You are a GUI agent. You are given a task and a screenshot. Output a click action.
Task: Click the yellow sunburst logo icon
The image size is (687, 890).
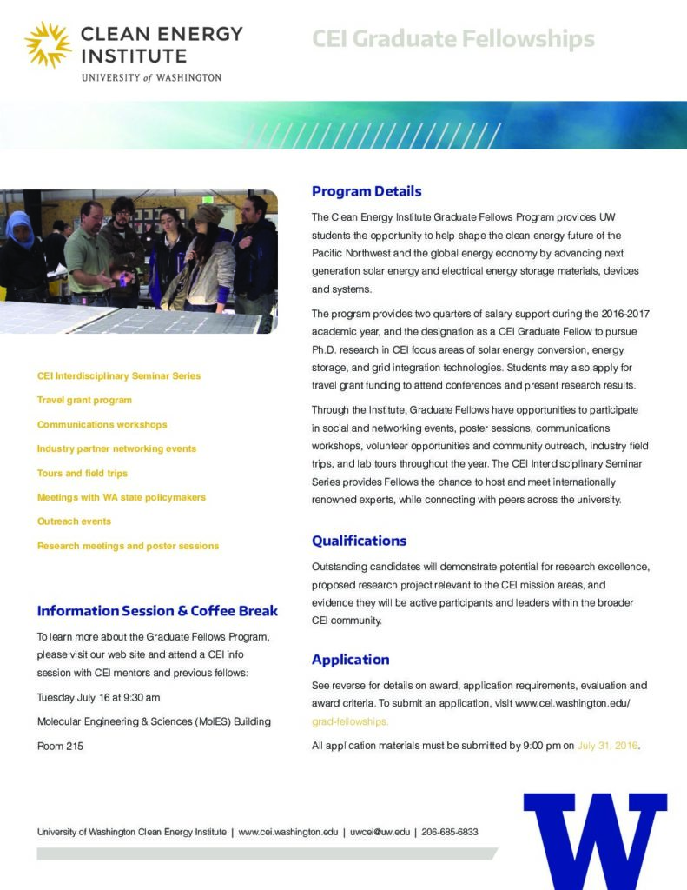pos(48,44)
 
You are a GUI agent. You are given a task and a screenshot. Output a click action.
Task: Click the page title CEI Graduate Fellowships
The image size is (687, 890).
pos(452,39)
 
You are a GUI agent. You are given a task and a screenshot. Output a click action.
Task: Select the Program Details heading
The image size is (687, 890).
pos(367,191)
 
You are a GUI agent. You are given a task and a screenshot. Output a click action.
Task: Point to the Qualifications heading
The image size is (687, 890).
pos(359,541)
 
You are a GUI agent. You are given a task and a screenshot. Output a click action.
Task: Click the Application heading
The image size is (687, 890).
pos(350,660)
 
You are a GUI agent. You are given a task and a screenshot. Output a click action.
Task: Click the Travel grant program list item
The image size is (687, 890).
pos(84,401)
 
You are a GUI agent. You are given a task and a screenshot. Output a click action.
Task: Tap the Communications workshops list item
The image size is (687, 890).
pos(102,425)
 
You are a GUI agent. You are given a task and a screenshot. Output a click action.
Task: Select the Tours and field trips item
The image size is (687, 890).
pos(82,474)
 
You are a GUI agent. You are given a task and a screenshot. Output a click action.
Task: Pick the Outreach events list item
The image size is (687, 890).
pos(74,521)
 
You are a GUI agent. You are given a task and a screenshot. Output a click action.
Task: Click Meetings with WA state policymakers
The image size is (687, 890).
pos(121,498)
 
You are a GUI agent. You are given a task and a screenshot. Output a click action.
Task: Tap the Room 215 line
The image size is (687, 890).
pos(60,746)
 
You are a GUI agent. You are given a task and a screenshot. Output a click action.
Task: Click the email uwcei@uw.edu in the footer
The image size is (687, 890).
pos(380,832)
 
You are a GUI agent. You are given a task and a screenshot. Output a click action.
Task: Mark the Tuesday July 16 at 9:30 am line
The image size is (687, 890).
pos(98,698)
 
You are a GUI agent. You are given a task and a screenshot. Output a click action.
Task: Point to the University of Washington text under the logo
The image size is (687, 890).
pos(151,77)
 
